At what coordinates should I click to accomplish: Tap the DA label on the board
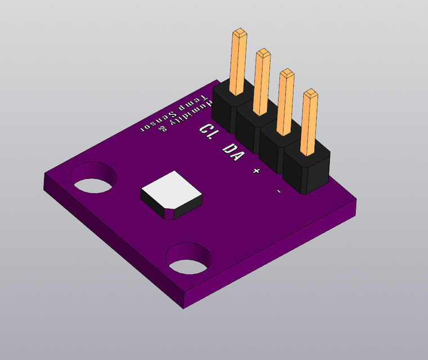coord(233,150)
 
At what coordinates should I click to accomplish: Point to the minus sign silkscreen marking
coord(279,192)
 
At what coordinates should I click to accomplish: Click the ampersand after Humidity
coord(163,130)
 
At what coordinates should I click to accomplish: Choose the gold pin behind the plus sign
coord(285,101)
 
